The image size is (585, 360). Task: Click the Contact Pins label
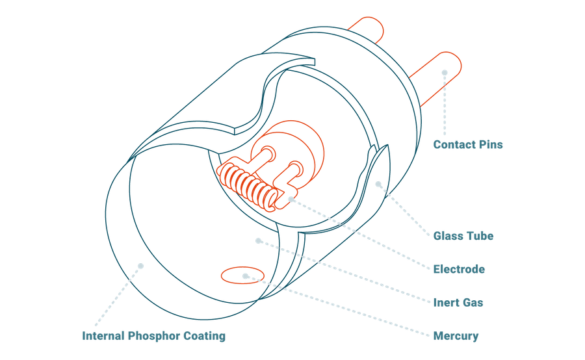click(468, 144)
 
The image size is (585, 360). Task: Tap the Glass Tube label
click(463, 236)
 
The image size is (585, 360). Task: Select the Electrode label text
click(459, 269)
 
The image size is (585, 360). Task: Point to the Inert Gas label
click(458, 302)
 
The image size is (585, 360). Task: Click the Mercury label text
click(456, 336)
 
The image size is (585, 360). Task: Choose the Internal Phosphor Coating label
click(153, 336)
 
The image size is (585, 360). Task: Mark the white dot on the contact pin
click(445, 73)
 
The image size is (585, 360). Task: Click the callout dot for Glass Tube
click(379, 185)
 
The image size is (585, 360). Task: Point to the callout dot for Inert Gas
click(258, 241)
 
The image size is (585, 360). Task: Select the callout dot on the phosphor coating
click(140, 264)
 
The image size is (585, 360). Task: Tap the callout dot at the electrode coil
click(291, 200)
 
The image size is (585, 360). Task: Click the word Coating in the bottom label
click(205, 336)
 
